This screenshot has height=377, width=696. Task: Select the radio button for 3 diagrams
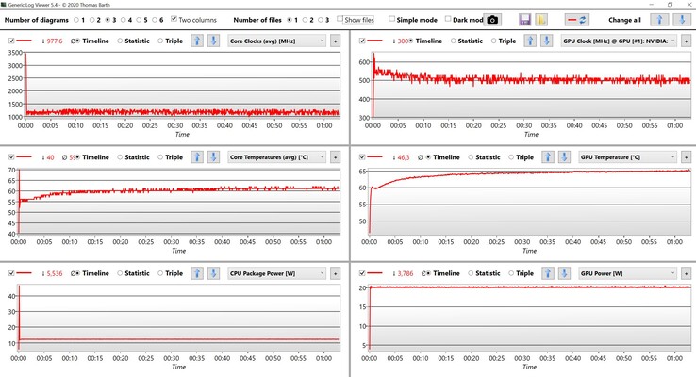pyautogui.click(x=107, y=19)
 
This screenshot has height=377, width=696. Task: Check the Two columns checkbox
pyautogui.click(x=174, y=19)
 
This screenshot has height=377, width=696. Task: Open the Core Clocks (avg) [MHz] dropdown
pyautogui.click(x=278, y=41)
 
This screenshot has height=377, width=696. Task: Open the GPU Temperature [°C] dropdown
pyautogui.click(x=626, y=156)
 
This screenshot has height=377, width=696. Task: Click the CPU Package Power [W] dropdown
pyautogui.click(x=278, y=273)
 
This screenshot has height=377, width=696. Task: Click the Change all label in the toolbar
pyautogui.click(x=624, y=19)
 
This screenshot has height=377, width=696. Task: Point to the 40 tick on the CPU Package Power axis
pyautogui.click(x=12, y=297)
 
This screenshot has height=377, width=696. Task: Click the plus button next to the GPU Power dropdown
pyautogui.click(x=686, y=273)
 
